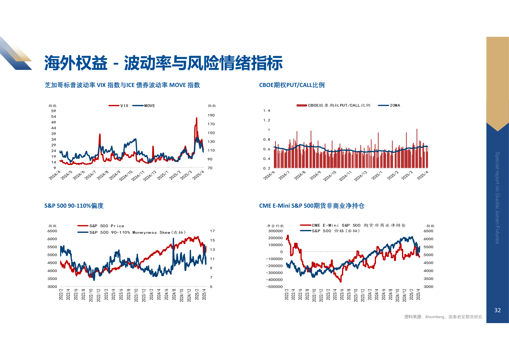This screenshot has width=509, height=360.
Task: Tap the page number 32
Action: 497,310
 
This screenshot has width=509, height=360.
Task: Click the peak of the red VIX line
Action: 196,118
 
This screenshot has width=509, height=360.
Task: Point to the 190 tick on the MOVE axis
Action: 211,115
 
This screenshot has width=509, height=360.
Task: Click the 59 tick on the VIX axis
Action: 53,111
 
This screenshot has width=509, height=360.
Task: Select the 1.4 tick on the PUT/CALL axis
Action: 267,111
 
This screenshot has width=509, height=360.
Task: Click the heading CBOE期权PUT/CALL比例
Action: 292,85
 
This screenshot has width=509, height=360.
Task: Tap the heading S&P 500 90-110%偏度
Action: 74,206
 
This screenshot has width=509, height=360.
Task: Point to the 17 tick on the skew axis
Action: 212,231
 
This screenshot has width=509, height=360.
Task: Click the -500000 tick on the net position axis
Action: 274,287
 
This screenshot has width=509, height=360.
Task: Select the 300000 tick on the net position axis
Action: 275,231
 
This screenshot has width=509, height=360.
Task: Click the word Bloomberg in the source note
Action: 435,317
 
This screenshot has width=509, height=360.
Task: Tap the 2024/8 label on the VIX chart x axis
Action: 102,175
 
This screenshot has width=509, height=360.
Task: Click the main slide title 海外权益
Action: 76,63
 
